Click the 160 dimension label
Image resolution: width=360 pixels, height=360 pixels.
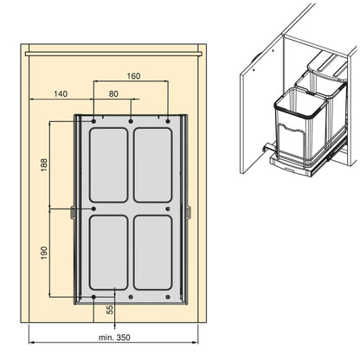tap(134, 76)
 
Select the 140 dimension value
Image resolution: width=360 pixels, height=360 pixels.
tap(61, 93)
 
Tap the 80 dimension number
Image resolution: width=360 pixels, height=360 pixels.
tap(113, 93)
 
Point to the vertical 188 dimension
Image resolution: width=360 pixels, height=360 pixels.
tap(44, 164)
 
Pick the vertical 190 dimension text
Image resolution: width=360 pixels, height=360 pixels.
tap(44, 253)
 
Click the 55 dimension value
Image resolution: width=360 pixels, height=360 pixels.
tap(110, 310)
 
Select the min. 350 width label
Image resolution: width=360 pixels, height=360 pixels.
tap(114, 337)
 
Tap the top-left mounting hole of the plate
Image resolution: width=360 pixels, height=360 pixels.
tap(93, 121)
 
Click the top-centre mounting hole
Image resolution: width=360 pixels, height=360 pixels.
tap(131, 121)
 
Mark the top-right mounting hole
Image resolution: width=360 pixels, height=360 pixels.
tap(168, 121)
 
